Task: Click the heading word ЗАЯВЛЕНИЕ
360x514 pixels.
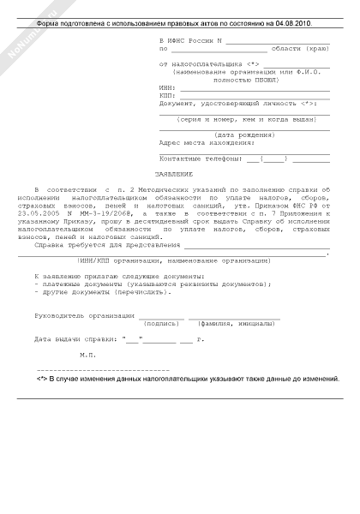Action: (179, 174)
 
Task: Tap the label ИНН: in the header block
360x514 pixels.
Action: (167, 87)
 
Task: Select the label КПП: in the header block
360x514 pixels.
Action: (167, 95)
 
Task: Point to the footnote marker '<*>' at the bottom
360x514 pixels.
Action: (42, 378)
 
